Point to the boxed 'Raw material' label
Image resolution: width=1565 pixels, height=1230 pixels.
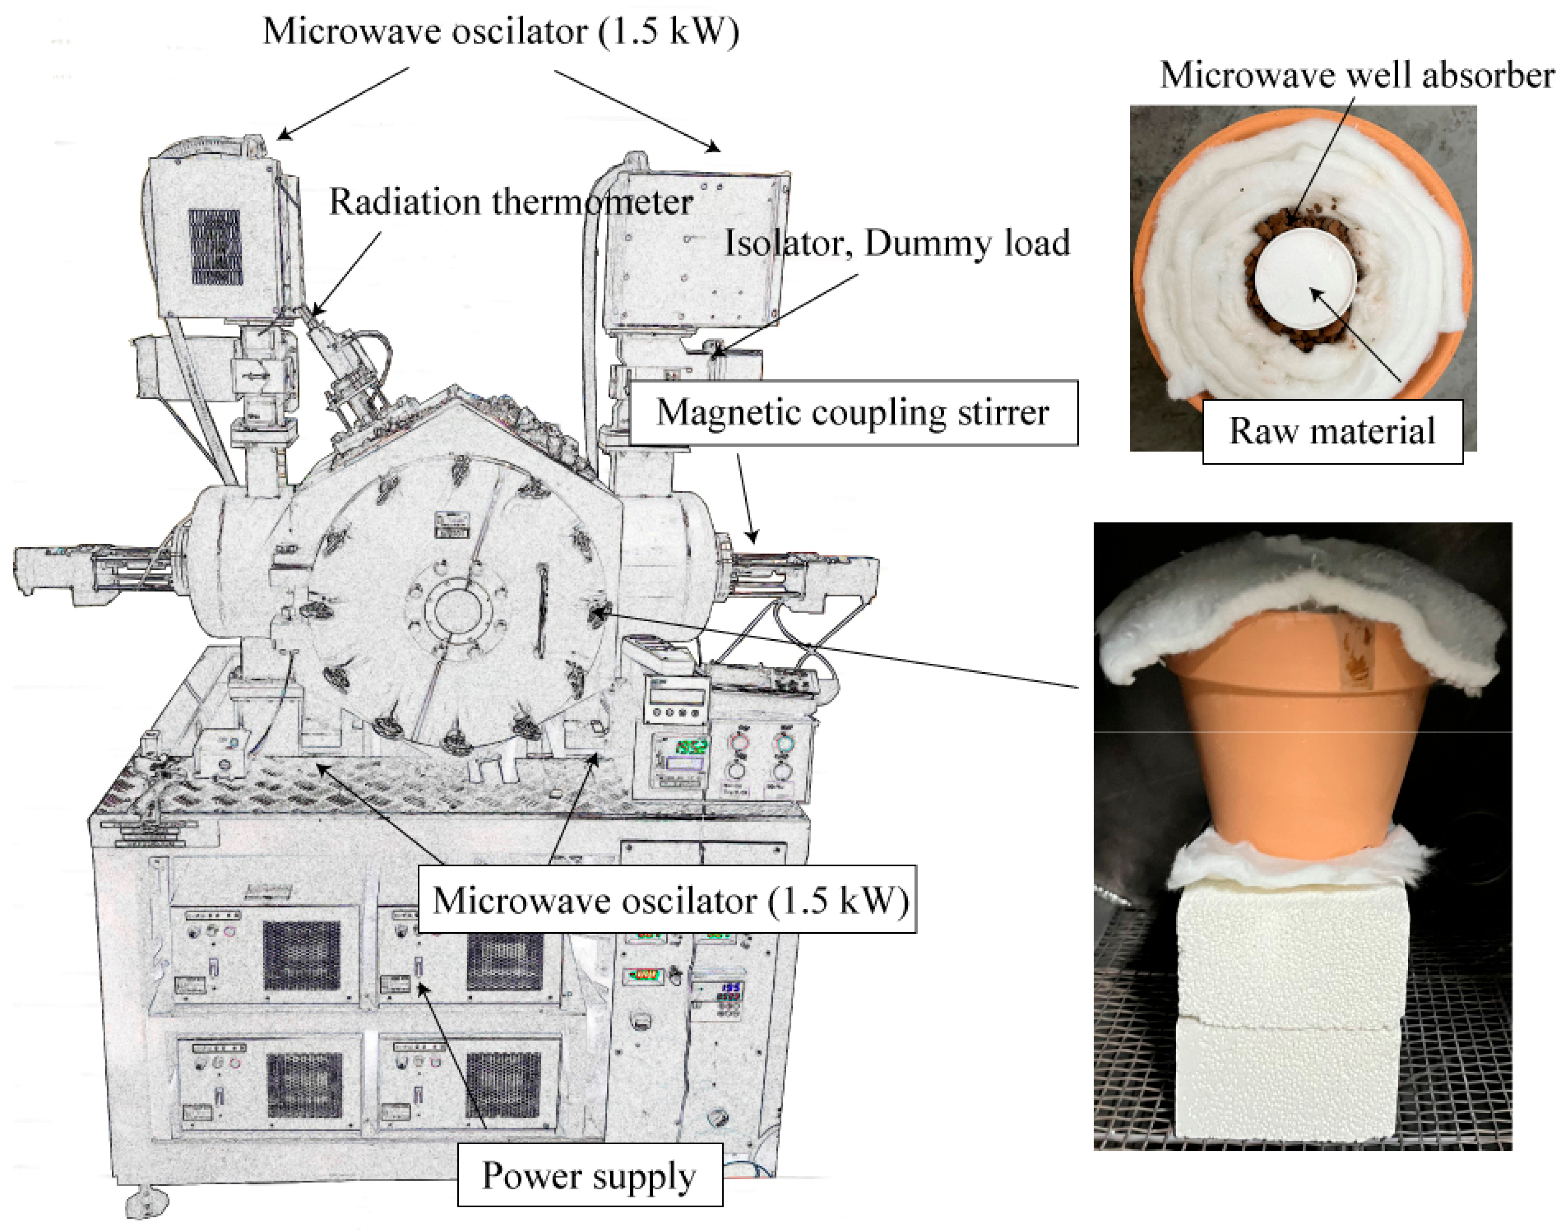[1332, 431]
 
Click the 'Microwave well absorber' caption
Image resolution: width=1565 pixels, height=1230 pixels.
[1357, 75]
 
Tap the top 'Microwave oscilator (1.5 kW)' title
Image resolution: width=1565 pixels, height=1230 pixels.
[501, 32]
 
